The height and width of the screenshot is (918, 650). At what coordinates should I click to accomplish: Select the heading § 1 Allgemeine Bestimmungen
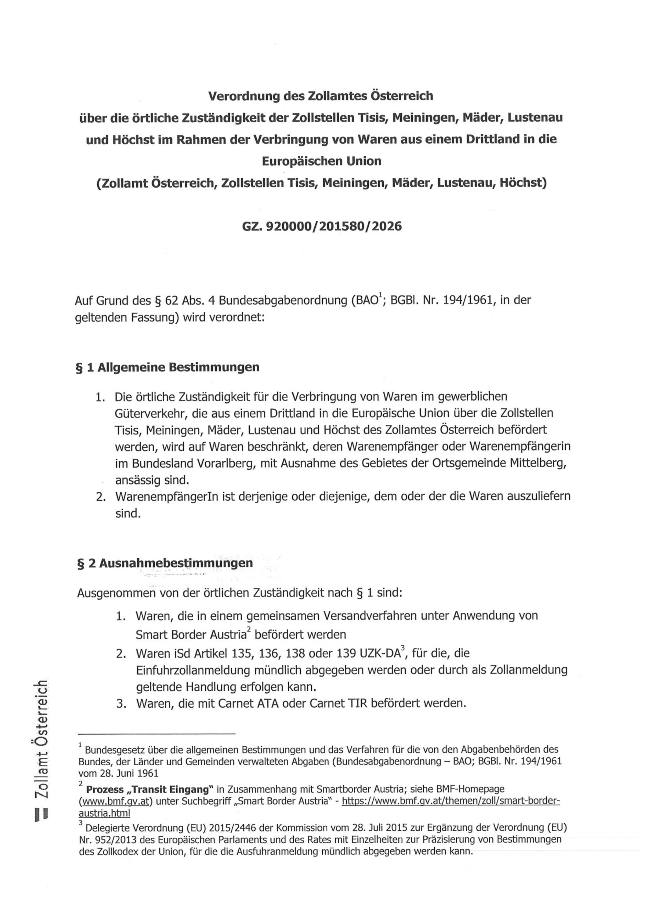pyautogui.click(x=167, y=367)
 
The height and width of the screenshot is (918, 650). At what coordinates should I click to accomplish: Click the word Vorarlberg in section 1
pyautogui.click(x=226, y=463)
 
